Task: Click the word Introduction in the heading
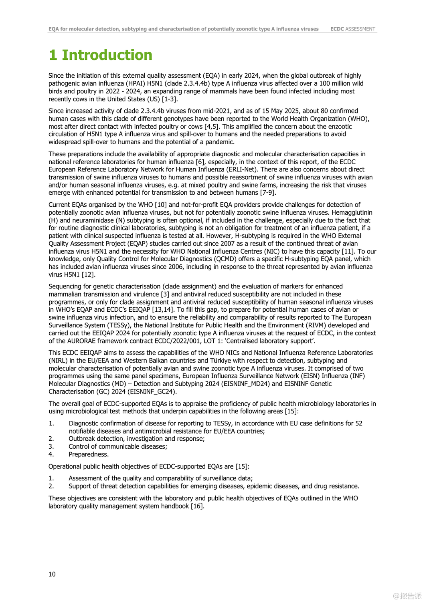tap(107, 55)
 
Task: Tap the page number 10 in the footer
tap(52, 574)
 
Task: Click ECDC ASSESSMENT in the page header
tap(353, 29)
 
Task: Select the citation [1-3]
tap(170, 99)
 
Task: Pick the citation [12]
tap(89, 274)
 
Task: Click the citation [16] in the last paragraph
tap(197, 506)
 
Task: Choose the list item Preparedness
tap(89, 454)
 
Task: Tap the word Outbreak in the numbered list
tap(83, 439)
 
